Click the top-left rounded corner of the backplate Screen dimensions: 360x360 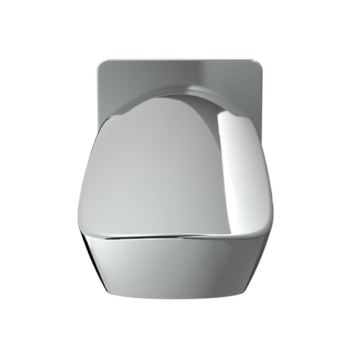click(102, 65)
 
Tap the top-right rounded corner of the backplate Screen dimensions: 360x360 click(259, 65)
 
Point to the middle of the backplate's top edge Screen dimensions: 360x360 click(180, 61)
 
